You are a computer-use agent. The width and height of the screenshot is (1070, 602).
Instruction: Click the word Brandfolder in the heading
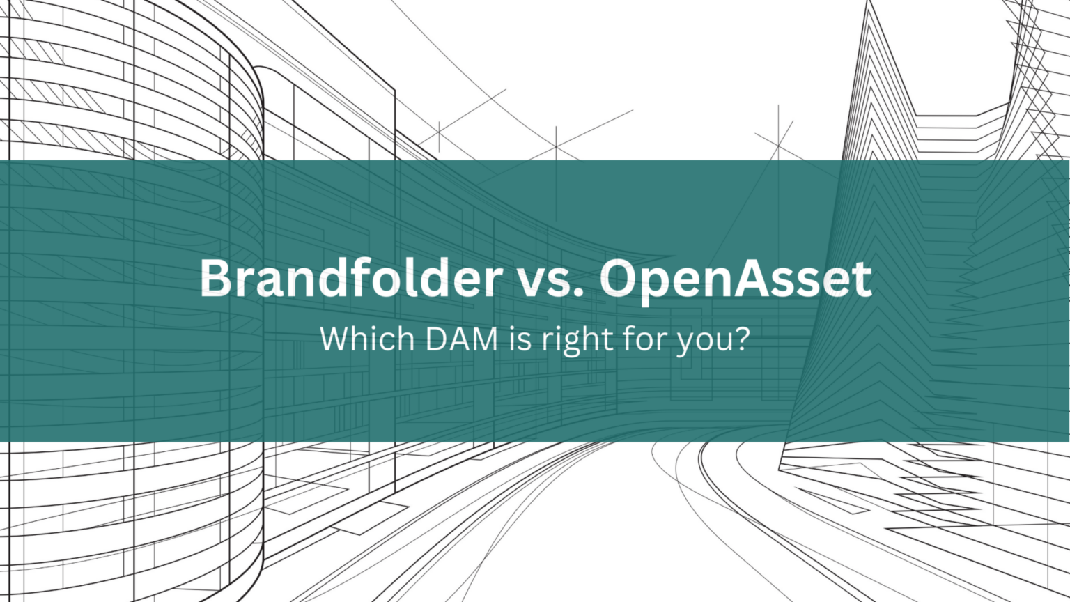click(x=350, y=279)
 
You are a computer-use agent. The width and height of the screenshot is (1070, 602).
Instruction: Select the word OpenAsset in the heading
click(x=736, y=279)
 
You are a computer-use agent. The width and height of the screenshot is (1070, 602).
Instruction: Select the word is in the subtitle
click(x=520, y=339)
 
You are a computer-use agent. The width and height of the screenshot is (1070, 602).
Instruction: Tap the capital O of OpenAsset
click(x=621, y=279)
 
